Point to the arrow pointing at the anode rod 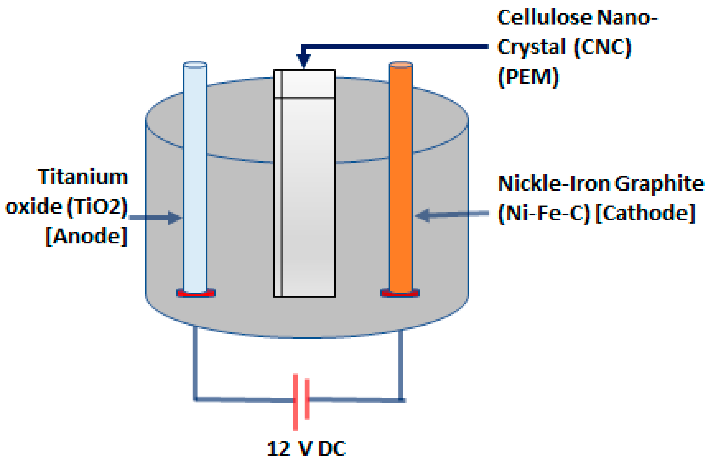pyautogui.click(x=155, y=217)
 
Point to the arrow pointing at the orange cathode pyautogui.click(x=452, y=214)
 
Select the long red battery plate pyautogui.click(x=295, y=402)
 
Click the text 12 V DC pyautogui.click(x=306, y=449)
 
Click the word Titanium pyautogui.click(x=83, y=177)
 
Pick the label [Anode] pyautogui.click(x=87, y=236)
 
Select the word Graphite pyautogui.click(x=660, y=184)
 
